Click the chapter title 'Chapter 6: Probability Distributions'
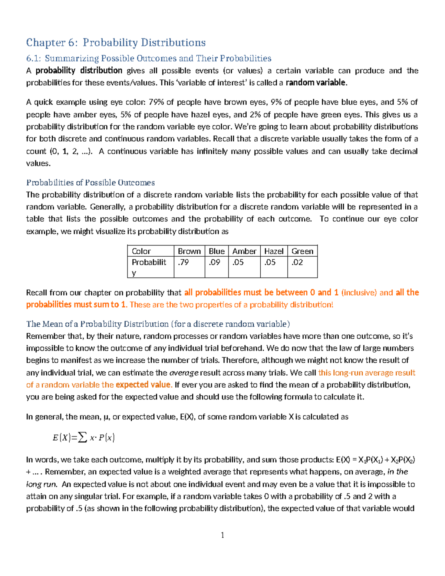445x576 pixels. click(116, 43)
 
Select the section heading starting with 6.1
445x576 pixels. click(148, 58)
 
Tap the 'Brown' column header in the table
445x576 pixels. click(189, 251)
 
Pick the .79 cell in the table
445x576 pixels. click(183, 263)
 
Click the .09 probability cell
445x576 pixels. click(214, 263)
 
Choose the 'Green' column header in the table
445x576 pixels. click(302, 251)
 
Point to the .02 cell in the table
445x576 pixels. click(297, 263)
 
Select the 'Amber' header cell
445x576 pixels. click(244, 251)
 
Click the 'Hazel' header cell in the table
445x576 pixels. click(274, 251)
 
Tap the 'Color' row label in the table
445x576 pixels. click(141, 251)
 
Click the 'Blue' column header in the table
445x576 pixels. click(217, 251)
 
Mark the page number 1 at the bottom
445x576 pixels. click(222, 535)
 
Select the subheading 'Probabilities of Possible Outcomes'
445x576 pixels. click(90, 182)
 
